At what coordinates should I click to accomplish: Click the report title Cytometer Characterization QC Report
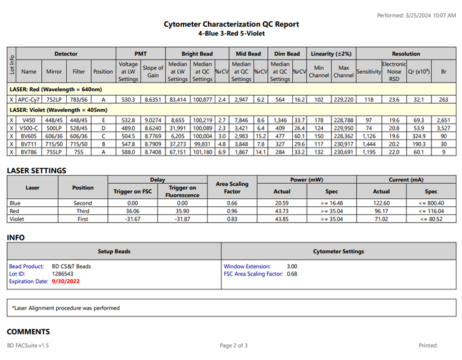point(231,24)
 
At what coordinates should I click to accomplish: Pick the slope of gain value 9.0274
point(153,118)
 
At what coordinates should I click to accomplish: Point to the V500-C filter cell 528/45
point(79,127)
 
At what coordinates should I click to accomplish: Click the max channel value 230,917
point(343,144)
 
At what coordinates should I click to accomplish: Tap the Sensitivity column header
point(368,72)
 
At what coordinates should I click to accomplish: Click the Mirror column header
point(54,72)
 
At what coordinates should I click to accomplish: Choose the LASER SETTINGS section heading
point(36,170)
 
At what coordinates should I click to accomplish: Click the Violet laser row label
point(16,219)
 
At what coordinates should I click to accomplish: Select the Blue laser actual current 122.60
point(381,203)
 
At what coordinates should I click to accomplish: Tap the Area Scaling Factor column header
point(232,187)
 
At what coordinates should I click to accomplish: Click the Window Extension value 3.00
point(292,266)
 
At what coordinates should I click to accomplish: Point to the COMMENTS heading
point(29,331)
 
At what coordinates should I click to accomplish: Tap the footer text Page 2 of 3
point(233,345)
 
